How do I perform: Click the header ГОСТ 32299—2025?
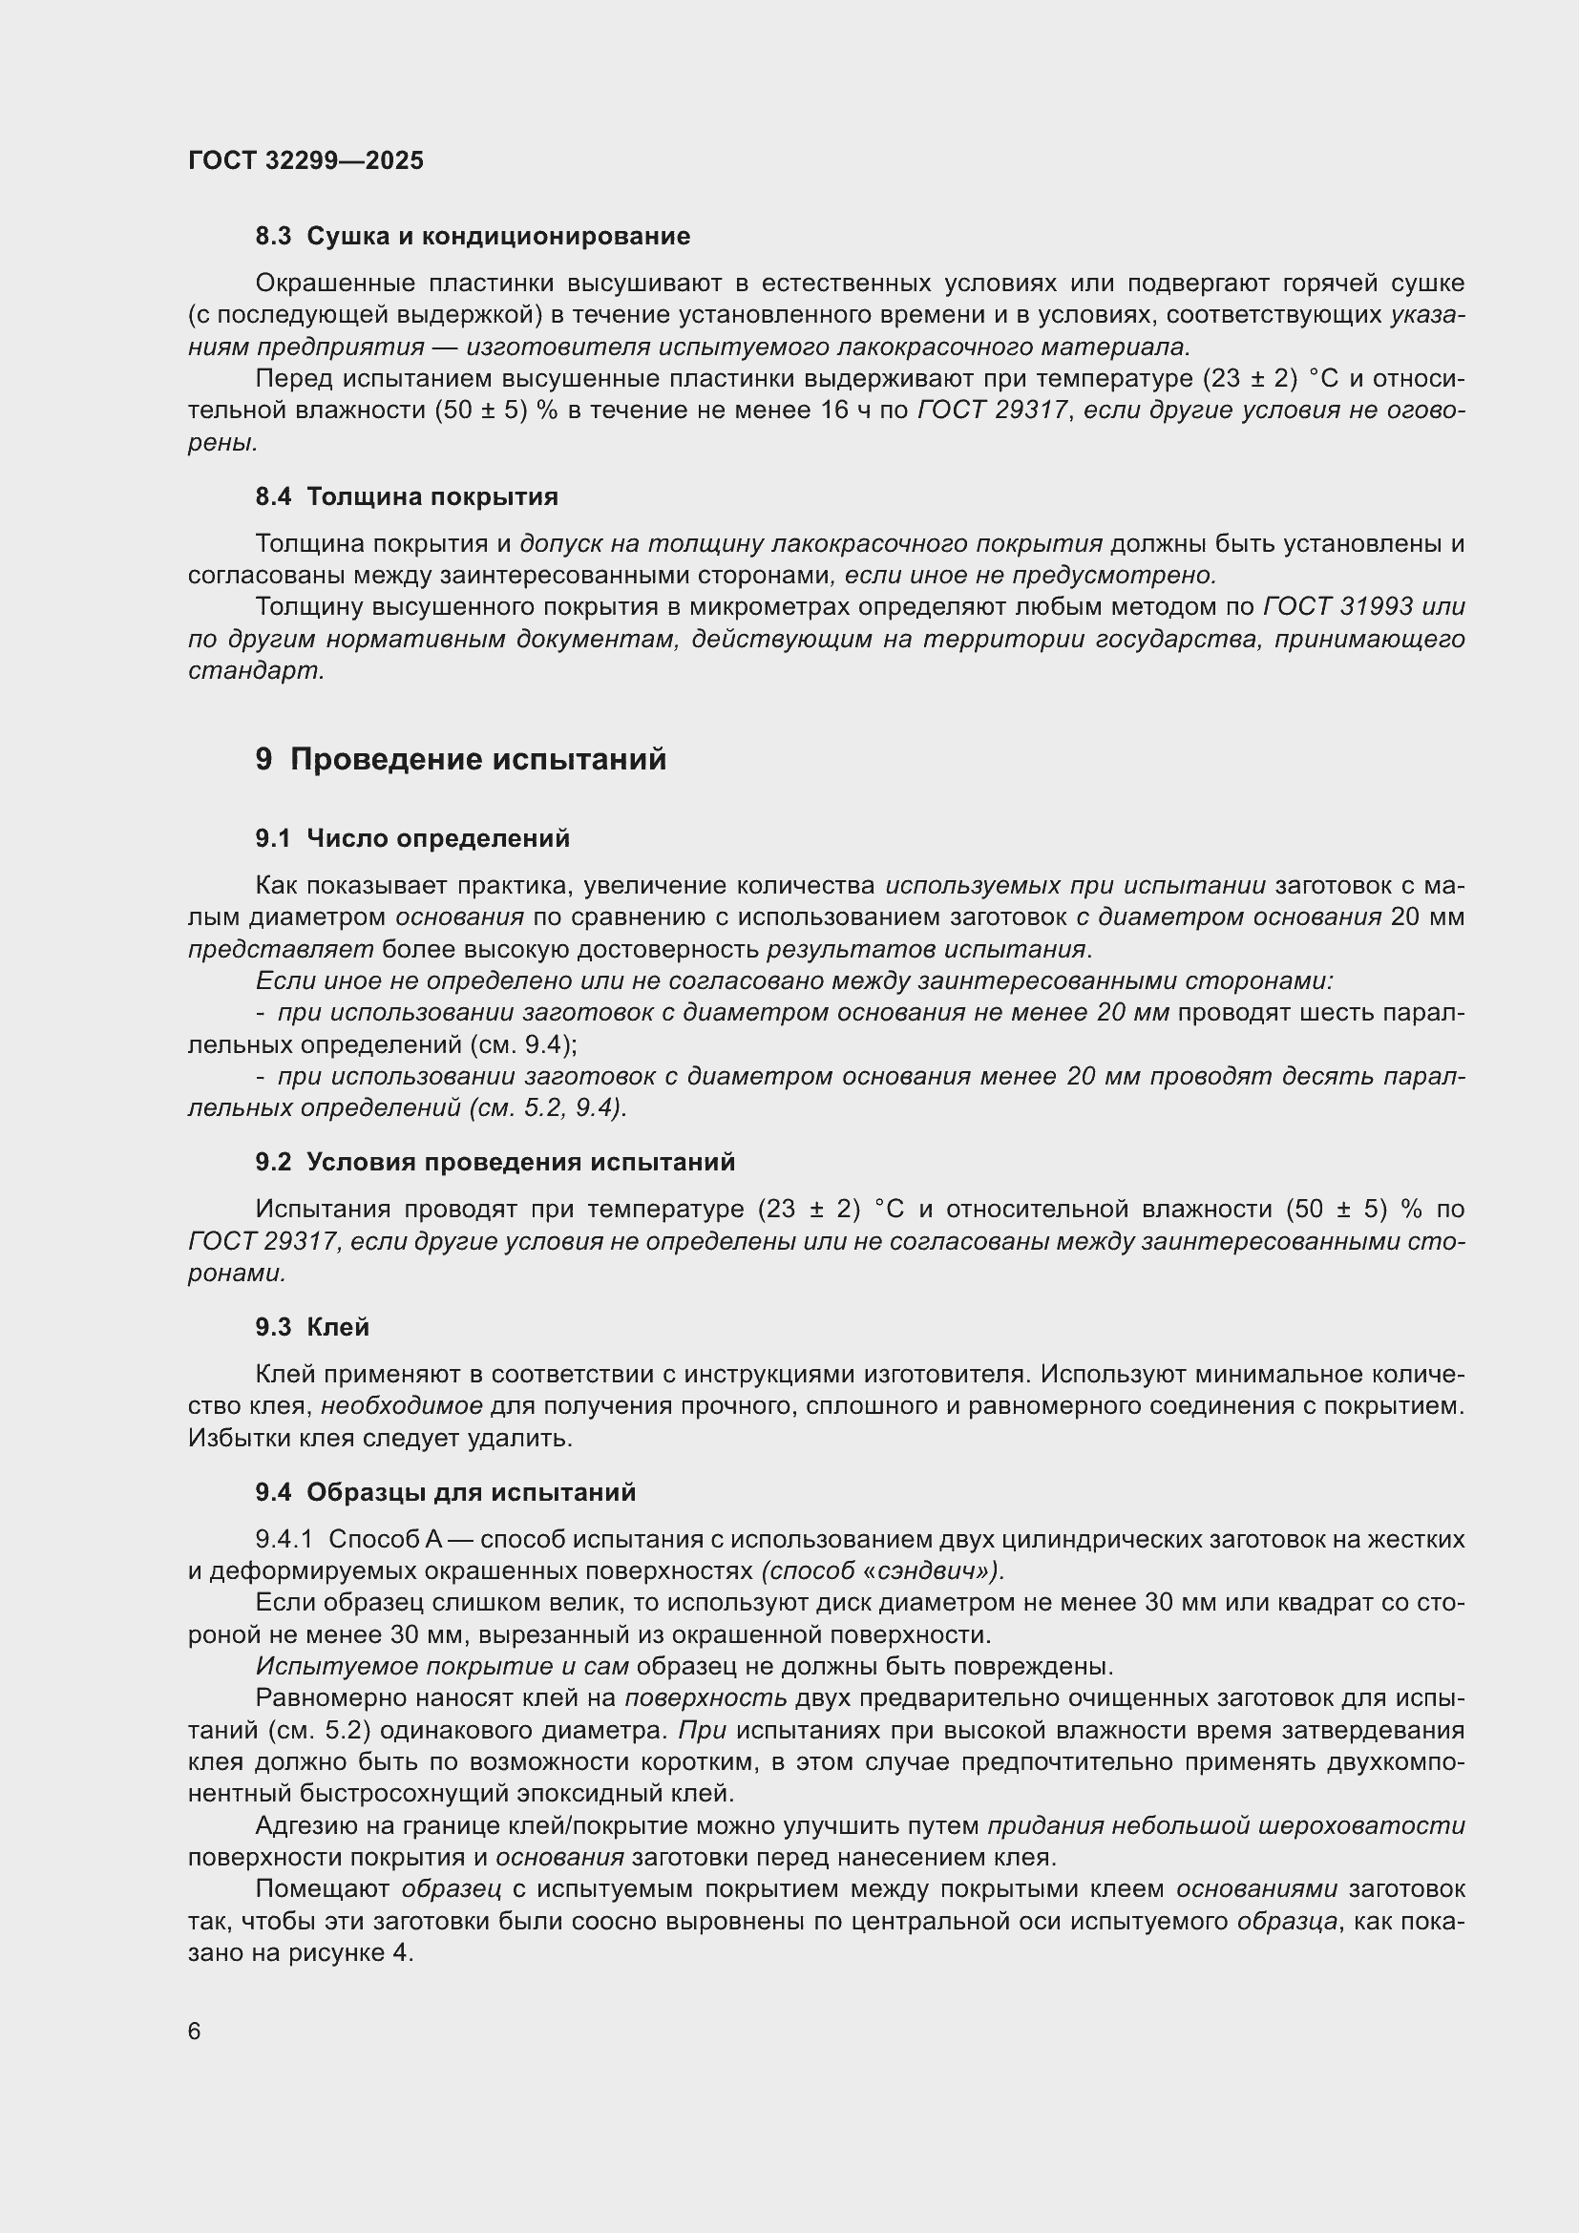coord(305,160)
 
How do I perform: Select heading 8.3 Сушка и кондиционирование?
coord(473,237)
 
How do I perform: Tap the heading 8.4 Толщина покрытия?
coord(407,497)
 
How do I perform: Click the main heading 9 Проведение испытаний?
coord(461,759)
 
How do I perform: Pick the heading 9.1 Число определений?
coord(412,838)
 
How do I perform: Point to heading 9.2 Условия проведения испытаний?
coord(495,1162)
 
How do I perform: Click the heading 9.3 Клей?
coord(312,1328)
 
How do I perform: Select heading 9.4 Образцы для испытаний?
coord(445,1492)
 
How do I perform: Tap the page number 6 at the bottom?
coord(195,2032)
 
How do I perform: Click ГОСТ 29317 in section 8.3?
coord(991,411)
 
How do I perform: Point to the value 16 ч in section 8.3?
coord(845,411)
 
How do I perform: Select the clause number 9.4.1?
coord(284,1540)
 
